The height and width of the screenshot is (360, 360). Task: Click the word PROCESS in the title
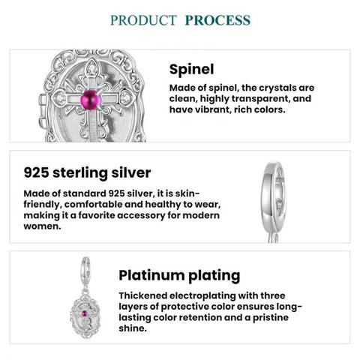click(x=217, y=20)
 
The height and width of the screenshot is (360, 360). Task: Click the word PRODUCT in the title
click(x=143, y=20)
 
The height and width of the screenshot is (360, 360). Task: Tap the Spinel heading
click(x=191, y=69)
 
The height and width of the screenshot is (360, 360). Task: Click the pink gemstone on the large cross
click(x=91, y=100)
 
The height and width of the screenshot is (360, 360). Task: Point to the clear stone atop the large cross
click(x=91, y=69)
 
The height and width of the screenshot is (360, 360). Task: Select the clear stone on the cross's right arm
click(x=125, y=98)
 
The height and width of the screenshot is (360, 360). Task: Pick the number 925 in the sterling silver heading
click(x=36, y=172)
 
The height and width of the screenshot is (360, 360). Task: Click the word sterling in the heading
click(x=80, y=173)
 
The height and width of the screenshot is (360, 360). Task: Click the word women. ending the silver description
click(x=42, y=226)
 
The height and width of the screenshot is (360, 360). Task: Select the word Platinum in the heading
click(x=151, y=275)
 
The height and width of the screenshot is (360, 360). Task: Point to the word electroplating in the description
click(x=202, y=296)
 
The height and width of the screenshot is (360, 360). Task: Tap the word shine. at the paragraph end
click(x=133, y=328)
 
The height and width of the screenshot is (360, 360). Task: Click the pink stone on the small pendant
click(x=85, y=313)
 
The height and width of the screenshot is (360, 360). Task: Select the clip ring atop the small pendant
click(x=85, y=267)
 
